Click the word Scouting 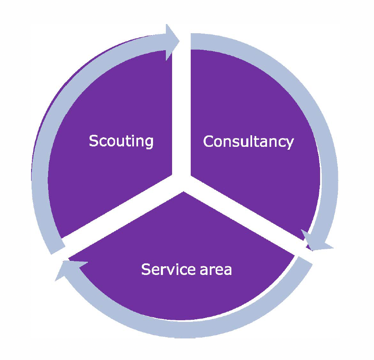(x=121, y=141)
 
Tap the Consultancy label (x=248, y=142)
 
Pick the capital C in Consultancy (x=208, y=142)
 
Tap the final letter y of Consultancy (x=289, y=144)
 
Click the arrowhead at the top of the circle (x=172, y=41)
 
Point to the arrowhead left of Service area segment (x=66, y=269)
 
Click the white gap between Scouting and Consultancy (x=182, y=104)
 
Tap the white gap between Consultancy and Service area (x=249, y=220)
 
